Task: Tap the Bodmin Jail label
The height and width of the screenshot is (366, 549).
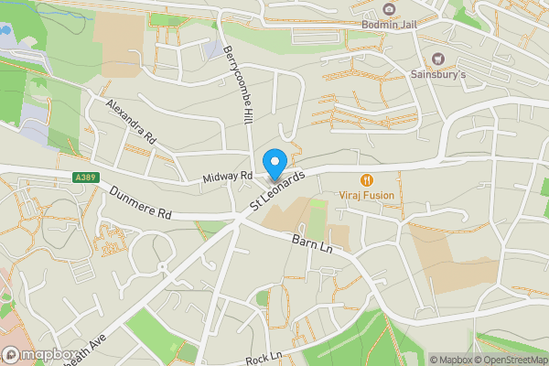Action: [x=389, y=25]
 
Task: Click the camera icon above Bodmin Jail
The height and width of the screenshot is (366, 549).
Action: [x=389, y=9]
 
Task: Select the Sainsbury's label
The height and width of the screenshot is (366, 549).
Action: [x=437, y=74]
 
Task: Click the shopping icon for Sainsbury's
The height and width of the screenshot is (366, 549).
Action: [x=437, y=59]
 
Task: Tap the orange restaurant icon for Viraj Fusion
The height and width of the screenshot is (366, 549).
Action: [x=367, y=180]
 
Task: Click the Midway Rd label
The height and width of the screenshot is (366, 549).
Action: [x=228, y=175]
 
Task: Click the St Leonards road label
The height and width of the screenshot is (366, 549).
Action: [x=280, y=193]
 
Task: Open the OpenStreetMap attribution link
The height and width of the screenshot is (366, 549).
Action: [x=510, y=360]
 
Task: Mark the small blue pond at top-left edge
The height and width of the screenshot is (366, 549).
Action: [x=4, y=28]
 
